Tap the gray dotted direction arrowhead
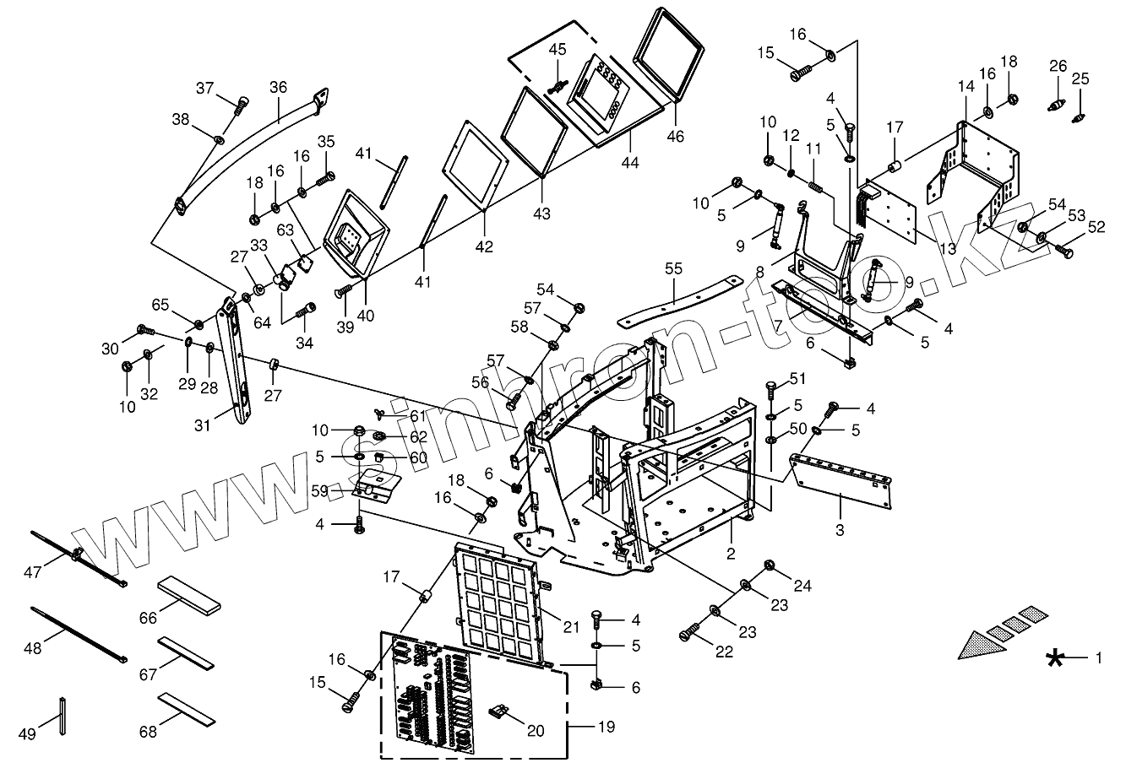(x=981, y=644)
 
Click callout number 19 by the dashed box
(x=607, y=726)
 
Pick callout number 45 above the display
(x=558, y=50)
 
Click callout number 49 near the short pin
(x=27, y=734)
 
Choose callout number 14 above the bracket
(x=966, y=87)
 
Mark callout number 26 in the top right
(x=1058, y=66)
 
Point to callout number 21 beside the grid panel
(x=572, y=625)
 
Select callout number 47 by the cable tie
(x=33, y=573)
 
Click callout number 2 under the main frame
(x=731, y=554)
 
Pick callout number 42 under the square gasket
(x=483, y=246)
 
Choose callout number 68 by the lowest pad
(x=148, y=725)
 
